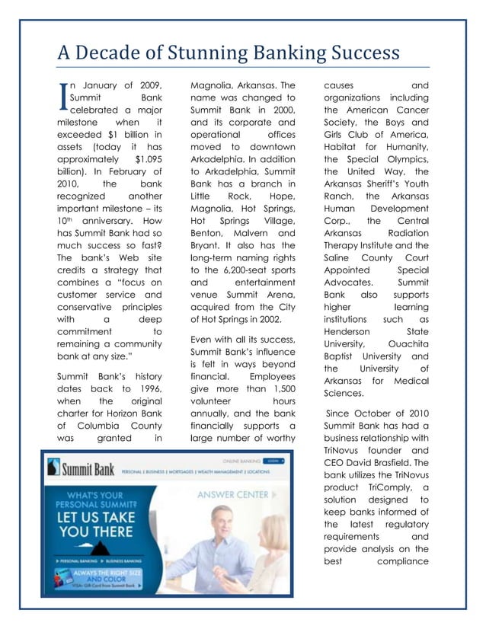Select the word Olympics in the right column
click(401, 161)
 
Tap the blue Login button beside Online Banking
click(273, 461)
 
